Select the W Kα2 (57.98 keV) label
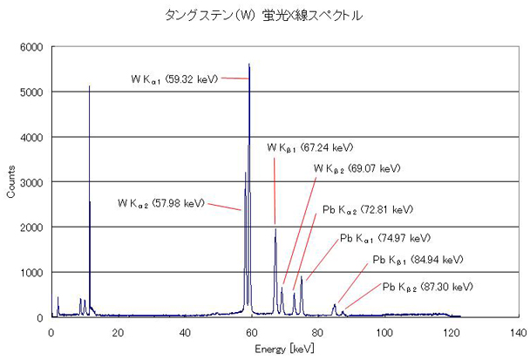point(161,203)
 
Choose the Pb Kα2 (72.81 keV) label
point(363,209)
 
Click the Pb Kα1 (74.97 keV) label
point(385,238)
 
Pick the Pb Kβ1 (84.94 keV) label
point(418,260)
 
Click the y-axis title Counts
point(10,181)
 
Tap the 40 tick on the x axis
point(185,332)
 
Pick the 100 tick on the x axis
point(384,332)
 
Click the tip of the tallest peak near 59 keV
point(249,64)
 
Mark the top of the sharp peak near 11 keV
point(89,85)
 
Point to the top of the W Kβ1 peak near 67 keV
point(275,228)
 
